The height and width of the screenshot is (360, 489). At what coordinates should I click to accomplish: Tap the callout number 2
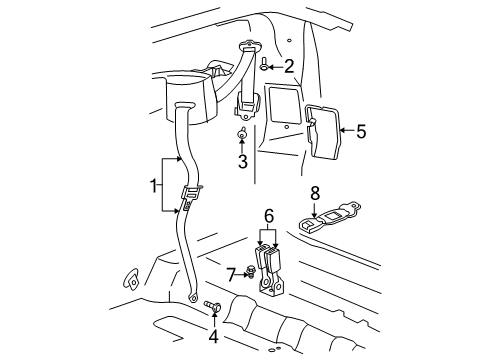tap(288, 67)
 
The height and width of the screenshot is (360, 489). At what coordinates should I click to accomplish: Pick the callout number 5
tap(361, 130)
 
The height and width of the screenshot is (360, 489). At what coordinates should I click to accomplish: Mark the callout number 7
tap(230, 272)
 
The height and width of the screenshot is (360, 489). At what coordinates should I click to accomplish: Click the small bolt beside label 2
tap(264, 66)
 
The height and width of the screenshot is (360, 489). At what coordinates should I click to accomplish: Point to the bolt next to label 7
tap(250, 271)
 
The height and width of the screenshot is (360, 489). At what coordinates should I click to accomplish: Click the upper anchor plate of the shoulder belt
tap(248, 47)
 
